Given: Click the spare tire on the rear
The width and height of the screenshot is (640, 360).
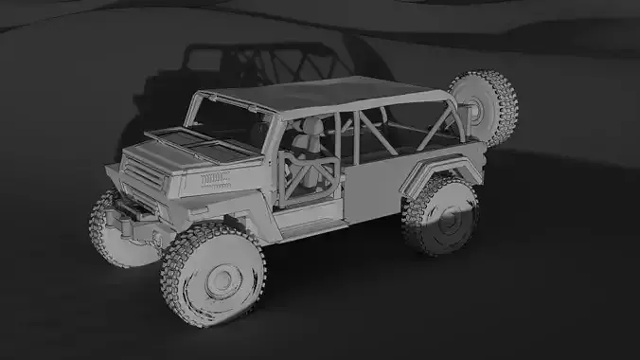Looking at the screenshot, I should point(485,106).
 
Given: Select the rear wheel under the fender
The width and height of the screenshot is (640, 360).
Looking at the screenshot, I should point(439,215).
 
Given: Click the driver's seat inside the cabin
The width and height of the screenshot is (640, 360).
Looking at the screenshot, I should point(305,152).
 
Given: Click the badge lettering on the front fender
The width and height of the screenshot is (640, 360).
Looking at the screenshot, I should point(217,177).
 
